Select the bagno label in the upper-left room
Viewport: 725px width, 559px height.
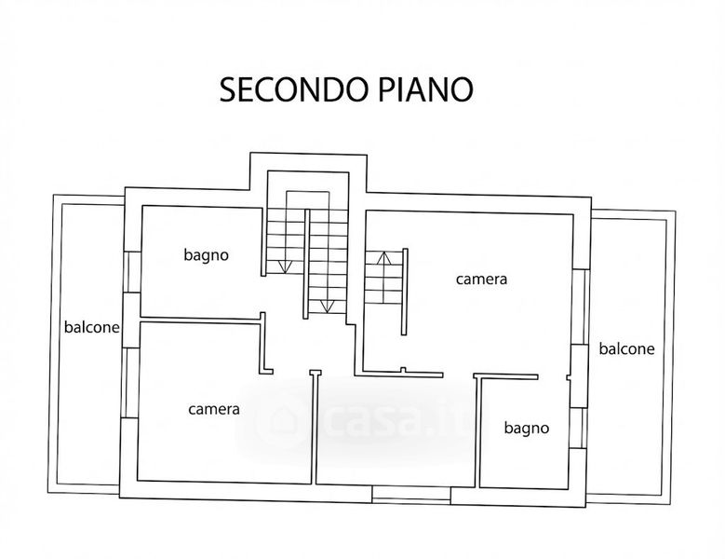coord(206,254)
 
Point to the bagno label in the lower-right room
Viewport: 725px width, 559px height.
coord(527,429)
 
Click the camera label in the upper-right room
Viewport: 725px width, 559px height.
coord(481,279)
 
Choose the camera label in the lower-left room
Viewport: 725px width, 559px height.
coord(214,408)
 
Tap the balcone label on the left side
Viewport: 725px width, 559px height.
coord(91,327)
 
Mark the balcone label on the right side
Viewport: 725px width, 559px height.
coord(626,349)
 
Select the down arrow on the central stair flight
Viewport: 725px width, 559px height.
coord(326,304)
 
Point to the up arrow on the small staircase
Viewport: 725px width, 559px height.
coord(379,258)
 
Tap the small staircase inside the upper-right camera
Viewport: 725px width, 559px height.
coord(384,279)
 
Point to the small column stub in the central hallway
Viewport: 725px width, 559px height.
coord(315,372)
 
